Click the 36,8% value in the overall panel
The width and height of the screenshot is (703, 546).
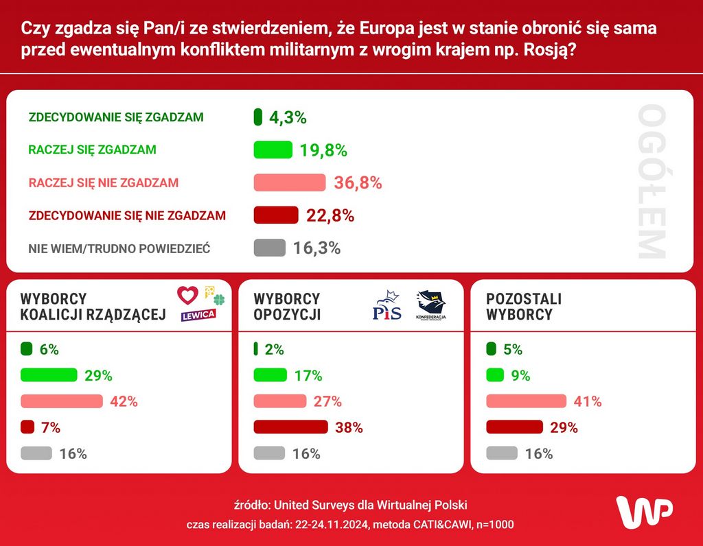357,183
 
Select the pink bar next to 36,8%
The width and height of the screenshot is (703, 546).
289,182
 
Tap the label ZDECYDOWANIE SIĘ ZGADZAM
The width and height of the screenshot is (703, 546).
116,117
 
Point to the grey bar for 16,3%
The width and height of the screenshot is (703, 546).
269,248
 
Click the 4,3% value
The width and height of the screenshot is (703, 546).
287,117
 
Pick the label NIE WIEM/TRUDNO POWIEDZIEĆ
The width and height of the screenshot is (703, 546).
119,248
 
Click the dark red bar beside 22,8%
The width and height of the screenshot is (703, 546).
276,215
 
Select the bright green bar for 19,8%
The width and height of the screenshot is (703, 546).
273,150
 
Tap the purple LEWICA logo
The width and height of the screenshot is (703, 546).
198,314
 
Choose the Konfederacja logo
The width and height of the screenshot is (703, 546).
430,306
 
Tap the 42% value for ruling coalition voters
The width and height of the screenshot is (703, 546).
124,402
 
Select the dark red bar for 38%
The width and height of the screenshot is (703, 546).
291,427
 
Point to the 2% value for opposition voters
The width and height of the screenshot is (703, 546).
274,350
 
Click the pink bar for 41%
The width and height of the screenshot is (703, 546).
526,401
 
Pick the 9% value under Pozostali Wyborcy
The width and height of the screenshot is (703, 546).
520,376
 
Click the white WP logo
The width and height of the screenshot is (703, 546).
643,511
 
